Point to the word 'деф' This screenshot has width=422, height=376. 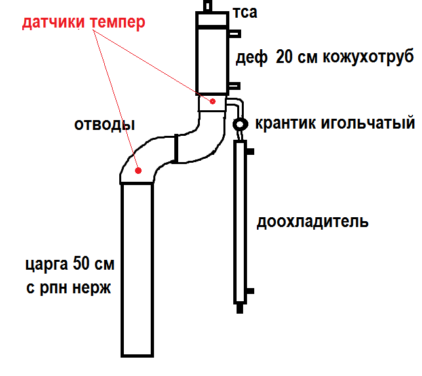[x=252, y=58]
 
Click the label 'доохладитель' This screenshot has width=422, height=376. [x=312, y=221]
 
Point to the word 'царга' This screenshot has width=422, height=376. [x=45, y=266]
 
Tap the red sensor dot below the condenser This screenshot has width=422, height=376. [x=212, y=101]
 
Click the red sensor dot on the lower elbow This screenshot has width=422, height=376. [x=138, y=169]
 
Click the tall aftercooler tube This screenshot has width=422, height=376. [x=240, y=223]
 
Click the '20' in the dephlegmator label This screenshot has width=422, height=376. [x=286, y=57]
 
